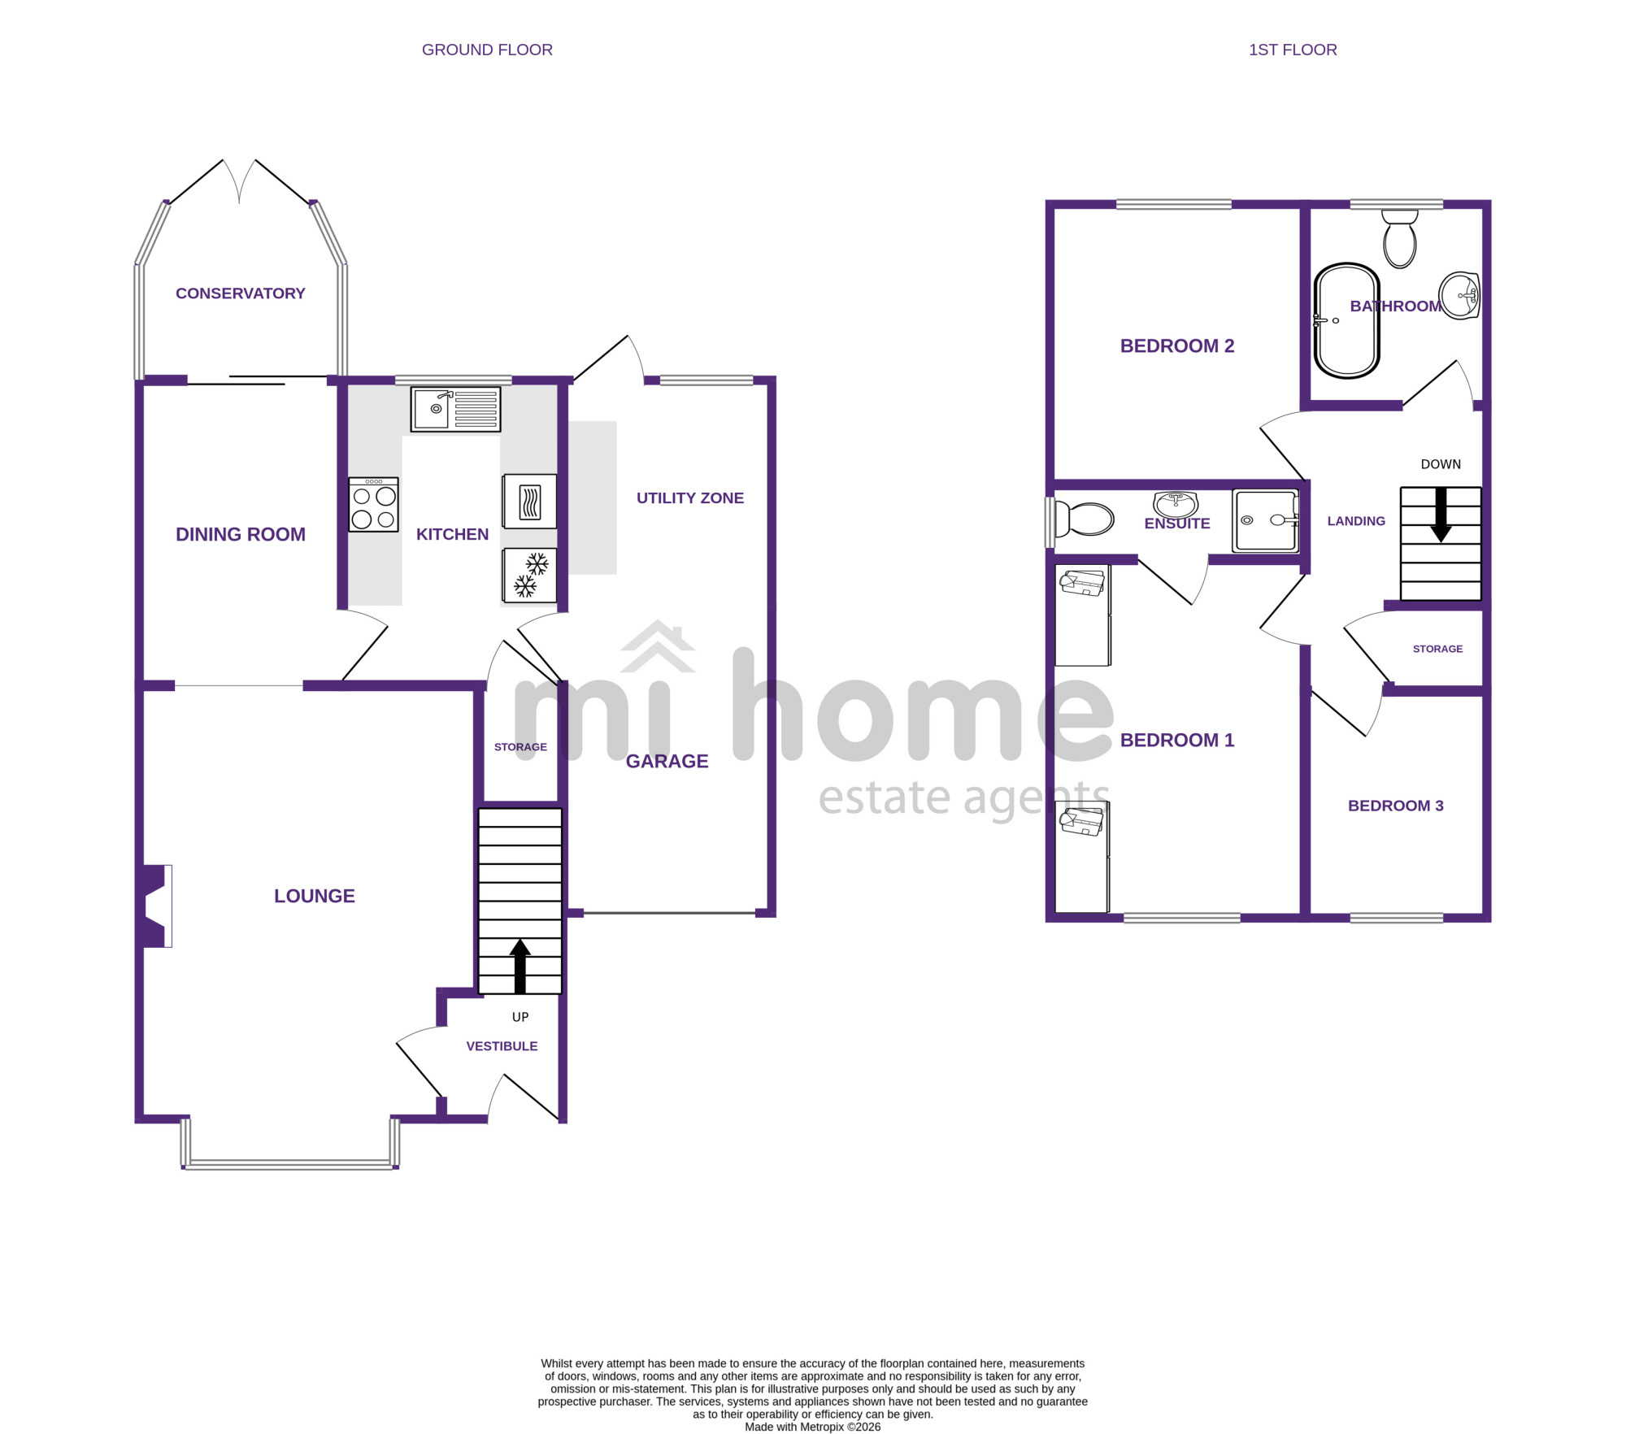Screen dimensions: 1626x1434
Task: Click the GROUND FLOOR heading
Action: coord(487,50)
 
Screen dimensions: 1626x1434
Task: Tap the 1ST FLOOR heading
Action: coord(1293,50)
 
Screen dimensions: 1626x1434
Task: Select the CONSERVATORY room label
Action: coord(241,293)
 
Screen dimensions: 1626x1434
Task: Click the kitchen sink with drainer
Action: coord(455,409)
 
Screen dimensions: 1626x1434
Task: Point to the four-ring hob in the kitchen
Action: coord(374,505)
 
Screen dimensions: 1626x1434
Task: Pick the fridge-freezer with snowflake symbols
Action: coord(529,576)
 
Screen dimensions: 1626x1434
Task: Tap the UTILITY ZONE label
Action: coord(690,498)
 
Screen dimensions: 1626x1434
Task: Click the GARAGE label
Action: coord(667,762)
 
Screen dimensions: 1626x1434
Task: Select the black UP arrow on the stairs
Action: coord(520,967)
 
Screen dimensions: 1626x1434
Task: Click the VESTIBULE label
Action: coord(502,1046)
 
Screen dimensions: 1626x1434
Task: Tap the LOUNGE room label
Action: coord(315,897)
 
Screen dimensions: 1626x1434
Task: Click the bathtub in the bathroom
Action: coord(1347,321)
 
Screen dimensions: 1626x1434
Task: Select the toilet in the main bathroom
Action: coord(1400,239)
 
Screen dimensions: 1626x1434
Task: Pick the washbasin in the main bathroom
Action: coord(1459,295)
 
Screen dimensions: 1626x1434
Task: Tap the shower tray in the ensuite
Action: coord(1265,520)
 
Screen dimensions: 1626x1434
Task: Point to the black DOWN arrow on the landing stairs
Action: coord(1441,515)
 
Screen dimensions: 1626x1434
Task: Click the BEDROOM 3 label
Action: coord(1396,806)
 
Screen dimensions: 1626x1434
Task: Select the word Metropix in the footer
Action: coord(823,1427)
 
